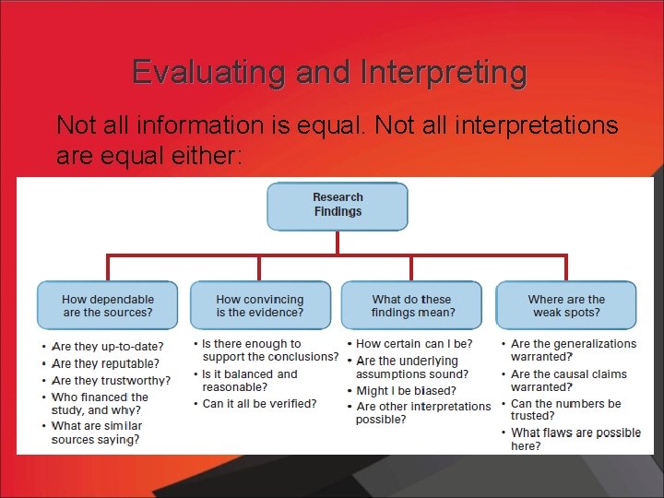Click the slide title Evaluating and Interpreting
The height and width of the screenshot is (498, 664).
329,72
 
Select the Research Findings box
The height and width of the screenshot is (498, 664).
338,205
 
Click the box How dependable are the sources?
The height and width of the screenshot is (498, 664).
108,305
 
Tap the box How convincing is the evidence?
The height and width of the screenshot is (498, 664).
259,305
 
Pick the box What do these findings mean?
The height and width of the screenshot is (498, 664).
411,305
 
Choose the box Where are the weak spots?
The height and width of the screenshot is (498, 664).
566,305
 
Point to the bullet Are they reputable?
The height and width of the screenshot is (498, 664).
105,363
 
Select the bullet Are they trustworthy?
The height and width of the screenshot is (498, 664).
111,380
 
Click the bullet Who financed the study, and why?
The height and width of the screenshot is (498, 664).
100,404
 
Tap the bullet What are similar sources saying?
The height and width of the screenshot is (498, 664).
96,433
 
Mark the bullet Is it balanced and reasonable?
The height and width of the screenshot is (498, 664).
250,380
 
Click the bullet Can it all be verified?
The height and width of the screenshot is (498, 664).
259,403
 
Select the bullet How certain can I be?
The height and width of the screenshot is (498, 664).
414,344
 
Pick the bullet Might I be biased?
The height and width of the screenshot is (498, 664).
406,391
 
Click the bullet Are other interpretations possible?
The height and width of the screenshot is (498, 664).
422,412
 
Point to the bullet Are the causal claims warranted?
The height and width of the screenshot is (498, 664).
568,380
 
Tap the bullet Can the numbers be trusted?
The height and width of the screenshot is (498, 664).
565,409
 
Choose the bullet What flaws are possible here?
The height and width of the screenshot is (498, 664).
575,439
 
